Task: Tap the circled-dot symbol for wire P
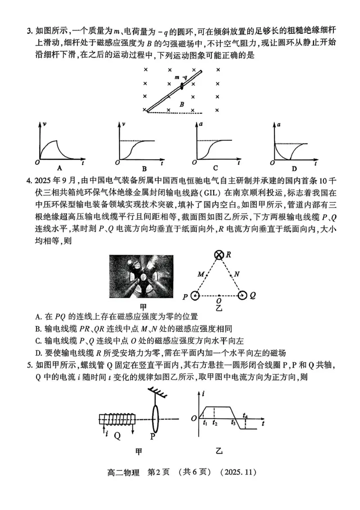(x=195, y=296)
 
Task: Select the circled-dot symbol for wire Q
(x=243, y=296)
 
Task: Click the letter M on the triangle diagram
(x=200, y=274)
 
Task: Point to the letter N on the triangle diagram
(x=237, y=274)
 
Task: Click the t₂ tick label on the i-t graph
(x=215, y=423)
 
